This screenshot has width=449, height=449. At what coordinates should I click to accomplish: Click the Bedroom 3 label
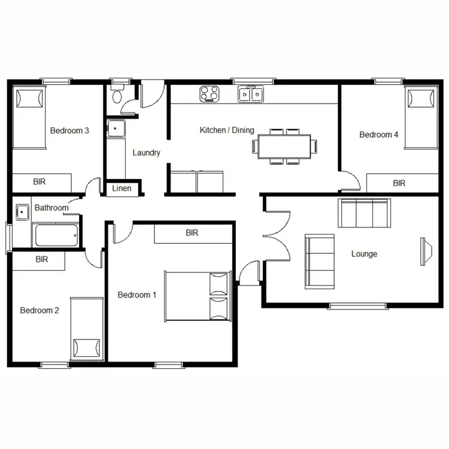tap(69, 131)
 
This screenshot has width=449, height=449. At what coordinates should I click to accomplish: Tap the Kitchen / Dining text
tap(227, 130)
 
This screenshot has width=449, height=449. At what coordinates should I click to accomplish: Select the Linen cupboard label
tap(122, 189)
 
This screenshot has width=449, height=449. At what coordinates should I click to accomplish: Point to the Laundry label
tap(147, 153)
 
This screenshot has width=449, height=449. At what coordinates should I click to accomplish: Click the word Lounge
tap(364, 254)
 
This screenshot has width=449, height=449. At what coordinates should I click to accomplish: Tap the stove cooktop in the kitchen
tap(209, 94)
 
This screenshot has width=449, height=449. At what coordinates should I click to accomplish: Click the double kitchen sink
tap(250, 94)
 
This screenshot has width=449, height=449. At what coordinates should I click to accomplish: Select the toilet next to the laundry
tap(117, 96)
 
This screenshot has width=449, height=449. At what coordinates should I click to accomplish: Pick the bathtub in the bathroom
tap(56, 235)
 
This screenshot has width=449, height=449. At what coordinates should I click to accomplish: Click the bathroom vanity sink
tap(23, 211)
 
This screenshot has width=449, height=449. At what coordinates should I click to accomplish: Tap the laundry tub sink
tap(114, 128)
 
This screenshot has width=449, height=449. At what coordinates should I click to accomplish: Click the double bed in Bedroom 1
tap(198, 296)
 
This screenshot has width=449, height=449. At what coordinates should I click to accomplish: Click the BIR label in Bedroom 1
tap(192, 232)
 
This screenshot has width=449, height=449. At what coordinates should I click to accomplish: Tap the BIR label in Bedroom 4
tap(399, 183)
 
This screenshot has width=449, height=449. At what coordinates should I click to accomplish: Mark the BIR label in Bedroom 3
tap(40, 181)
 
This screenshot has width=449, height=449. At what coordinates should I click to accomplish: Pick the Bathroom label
tap(51, 208)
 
